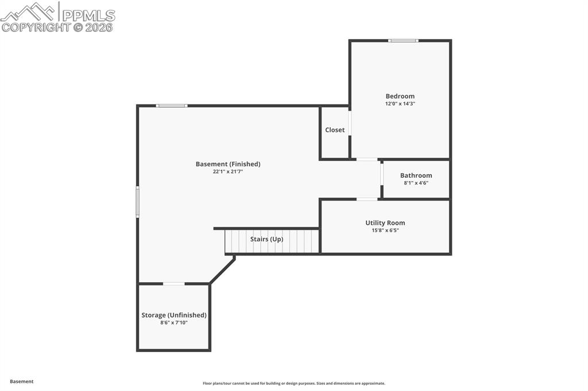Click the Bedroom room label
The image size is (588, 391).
(x=400, y=96)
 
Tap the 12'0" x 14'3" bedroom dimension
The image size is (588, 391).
(x=400, y=104)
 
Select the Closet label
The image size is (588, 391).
(x=335, y=130)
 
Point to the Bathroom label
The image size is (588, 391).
(x=416, y=175)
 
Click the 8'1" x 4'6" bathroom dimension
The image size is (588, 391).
(x=416, y=183)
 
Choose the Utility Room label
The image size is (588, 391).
(x=385, y=223)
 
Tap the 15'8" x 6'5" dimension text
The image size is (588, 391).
(x=385, y=230)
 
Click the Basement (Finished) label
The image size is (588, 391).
(x=228, y=164)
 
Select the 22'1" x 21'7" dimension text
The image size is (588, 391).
(x=228, y=171)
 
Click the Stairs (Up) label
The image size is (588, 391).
(x=266, y=239)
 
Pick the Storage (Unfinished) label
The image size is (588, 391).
(x=174, y=315)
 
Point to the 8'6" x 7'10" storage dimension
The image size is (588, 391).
(x=174, y=323)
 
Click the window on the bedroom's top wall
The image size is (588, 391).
(x=403, y=41)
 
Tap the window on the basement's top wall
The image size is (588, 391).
(x=172, y=105)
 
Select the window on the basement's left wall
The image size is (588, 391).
(x=137, y=202)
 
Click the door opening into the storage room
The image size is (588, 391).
(x=174, y=284)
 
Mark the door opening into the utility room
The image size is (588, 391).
(x=367, y=200)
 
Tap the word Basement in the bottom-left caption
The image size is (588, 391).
(x=22, y=381)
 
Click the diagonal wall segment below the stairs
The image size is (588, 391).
(x=222, y=271)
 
